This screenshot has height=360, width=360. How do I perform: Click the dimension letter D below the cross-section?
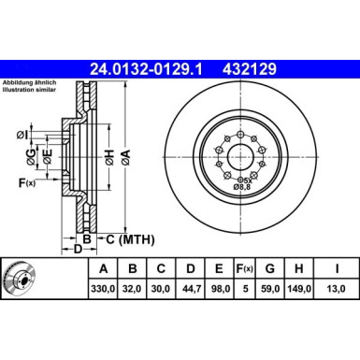click(x=79, y=250)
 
